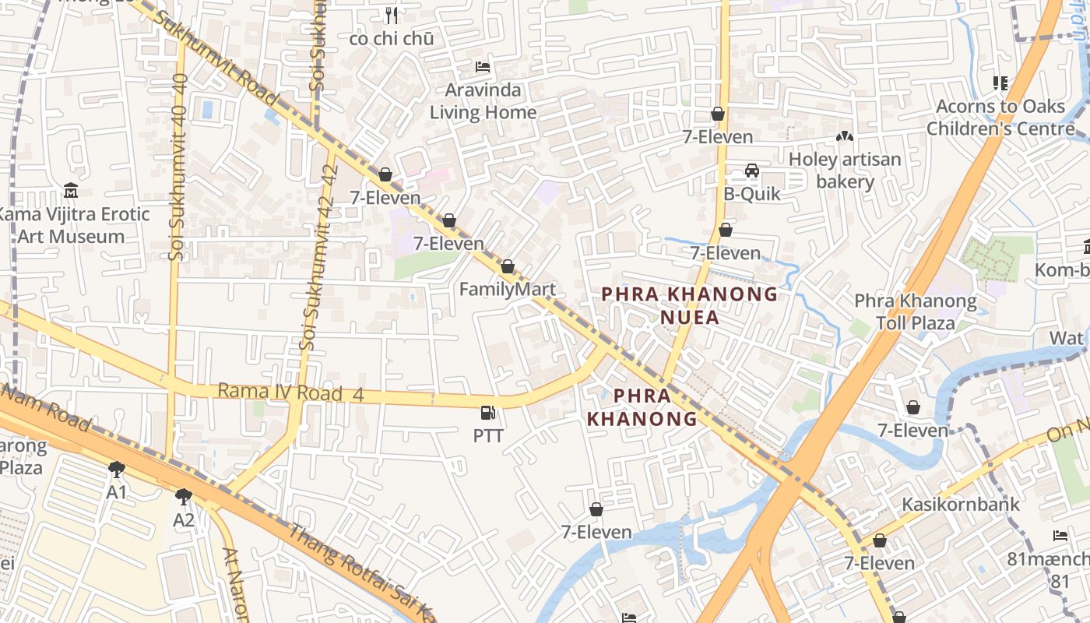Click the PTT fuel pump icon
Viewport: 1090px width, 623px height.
pos(488,413)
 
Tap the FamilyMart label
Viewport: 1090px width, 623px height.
pos(507,290)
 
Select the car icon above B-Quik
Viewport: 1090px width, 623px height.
pos(752,171)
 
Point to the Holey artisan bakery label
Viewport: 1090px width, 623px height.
pos(845,171)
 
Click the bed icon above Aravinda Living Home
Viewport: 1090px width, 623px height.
pos(483,67)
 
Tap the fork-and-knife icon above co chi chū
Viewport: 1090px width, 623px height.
pos(392,15)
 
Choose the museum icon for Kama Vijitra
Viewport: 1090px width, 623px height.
pos(71,190)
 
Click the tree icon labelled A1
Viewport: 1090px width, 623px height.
pos(117,470)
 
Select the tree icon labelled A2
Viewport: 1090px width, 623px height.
pos(184,496)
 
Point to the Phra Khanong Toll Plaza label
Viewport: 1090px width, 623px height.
pos(916,311)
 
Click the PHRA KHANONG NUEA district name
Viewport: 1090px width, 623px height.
pos(689,305)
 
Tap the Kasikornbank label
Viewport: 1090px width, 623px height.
pos(960,505)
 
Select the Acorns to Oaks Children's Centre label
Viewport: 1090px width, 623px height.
pos(999,117)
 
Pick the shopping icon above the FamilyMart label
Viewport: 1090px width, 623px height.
pos(508,267)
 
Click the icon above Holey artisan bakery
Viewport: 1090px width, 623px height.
pos(845,136)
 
